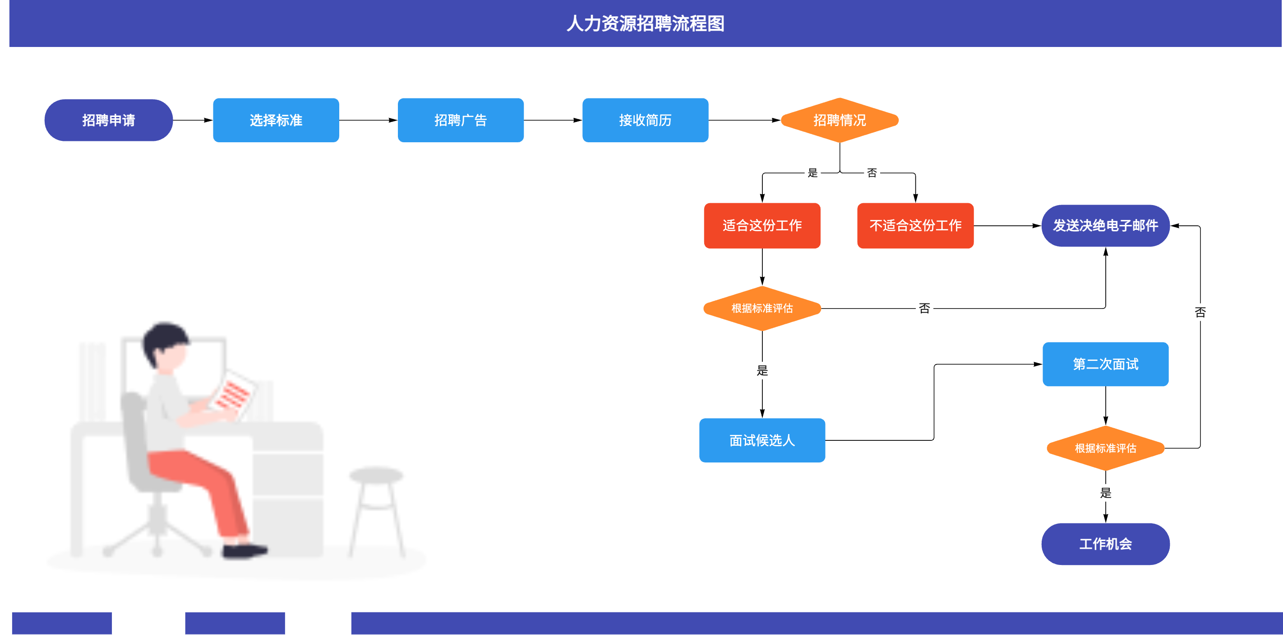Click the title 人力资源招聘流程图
pyautogui.click(x=646, y=23)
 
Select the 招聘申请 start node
pyautogui.click(x=109, y=120)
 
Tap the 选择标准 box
pyautogui.click(x=276, y=120)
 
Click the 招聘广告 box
pyautogui.click(x=461, y=120)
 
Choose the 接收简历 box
pyautogui.click(x=645, y=120)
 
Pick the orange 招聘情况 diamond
pyautogui.click(x=840, y=120)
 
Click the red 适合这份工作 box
pyautogui.click(x=762, y=225)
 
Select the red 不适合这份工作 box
pyautogui.click(x=915, y=225)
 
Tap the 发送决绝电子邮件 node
pyautogui.click(x=1105, y=225)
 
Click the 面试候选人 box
pyautogui.click(x=762, y=440)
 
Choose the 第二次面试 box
pyautogui.click(x=1105, y=364)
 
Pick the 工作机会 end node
pyautogui.click(x=1105, y=544)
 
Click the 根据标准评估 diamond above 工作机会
pyautogui.click(x=1105, y=448)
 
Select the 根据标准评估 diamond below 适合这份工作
pyautogui.click(x=762, y=308)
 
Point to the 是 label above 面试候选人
pyautogui.click(x=762, y=370)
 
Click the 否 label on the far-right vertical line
pyautogui.click(x=1200, y=313)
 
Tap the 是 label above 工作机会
pyautogui.click(x=1105, y=493)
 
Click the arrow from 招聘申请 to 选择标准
pyautogui.click(x=193, y=120)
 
